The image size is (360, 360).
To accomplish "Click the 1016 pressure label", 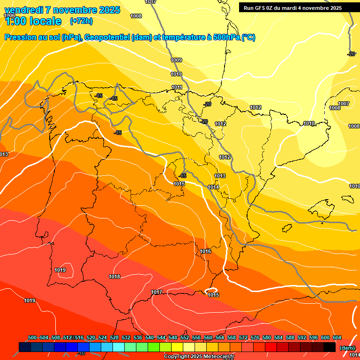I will [205, 252].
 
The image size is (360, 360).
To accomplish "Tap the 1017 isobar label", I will [157, 292].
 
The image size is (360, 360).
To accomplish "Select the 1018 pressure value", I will [114, 277].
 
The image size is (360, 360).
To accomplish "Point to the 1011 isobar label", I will [177, 88].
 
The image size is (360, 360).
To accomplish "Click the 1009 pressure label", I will [176, 60].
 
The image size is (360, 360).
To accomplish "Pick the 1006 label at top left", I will [9, 15].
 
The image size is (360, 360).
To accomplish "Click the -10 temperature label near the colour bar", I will [81, 353].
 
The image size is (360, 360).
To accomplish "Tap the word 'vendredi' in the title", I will [24, 9].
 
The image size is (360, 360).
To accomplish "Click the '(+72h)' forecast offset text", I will [81, 21].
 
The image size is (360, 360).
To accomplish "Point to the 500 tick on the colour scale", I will [32, 337].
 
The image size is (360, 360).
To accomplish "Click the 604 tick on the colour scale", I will [337, 337].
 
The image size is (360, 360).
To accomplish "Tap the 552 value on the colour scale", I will [185, 337].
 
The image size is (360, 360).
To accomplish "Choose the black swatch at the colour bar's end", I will [330, 347].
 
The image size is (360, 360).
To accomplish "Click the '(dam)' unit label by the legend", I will [347, 348].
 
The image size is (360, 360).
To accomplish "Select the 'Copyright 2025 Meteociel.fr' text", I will [198, 357].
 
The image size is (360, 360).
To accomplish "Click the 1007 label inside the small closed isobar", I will [344, 104].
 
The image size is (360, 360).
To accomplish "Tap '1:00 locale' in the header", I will [33, 21].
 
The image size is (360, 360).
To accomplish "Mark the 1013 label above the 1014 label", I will [220, 176].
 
